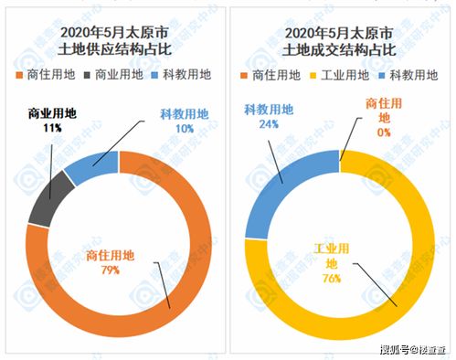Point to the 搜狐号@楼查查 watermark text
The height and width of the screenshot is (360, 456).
click(x=410, y=349)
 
